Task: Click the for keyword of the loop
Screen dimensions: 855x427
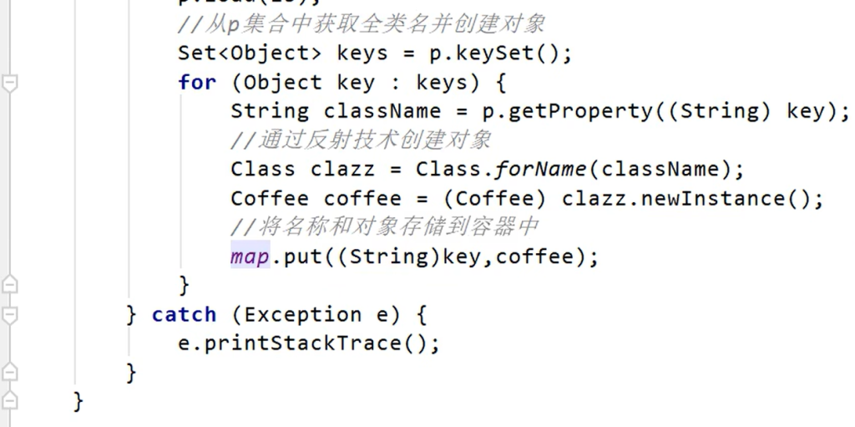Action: tap(196, 83)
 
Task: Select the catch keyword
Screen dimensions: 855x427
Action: tap(184, 314)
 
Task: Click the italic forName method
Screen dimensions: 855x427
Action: tap(540, 170)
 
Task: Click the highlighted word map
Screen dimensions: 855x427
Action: tap(250, 257)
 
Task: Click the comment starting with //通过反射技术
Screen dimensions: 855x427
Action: tap(361, 140)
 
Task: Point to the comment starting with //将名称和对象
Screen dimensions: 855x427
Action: tap(385, 227)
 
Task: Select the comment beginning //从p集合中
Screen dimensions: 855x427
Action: tap(361, 24)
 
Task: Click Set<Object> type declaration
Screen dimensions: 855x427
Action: tap(250, 53)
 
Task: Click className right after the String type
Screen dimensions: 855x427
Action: tap(382, 111)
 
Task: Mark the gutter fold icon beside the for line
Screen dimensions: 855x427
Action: tap(10, 83)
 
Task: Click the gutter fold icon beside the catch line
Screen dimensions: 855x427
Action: tap(10, 314)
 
